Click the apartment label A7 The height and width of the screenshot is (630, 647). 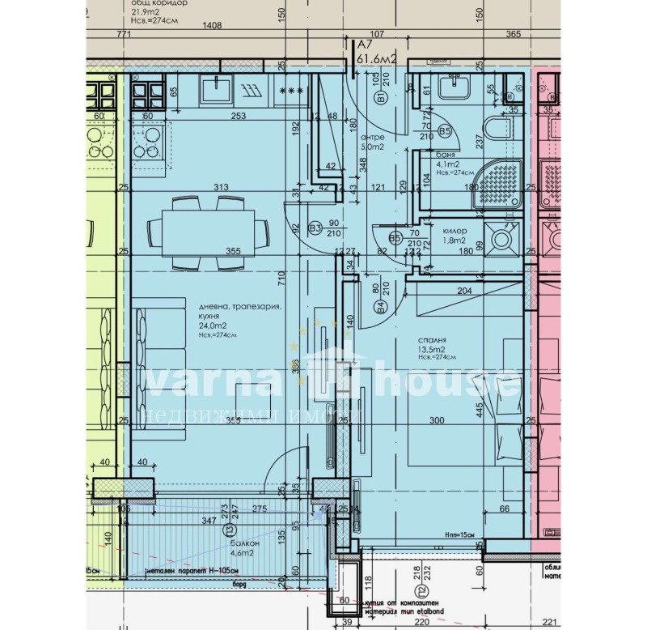tap(365, 45)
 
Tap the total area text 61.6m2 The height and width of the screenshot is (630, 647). tap(377, 58)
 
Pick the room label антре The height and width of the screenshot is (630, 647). tap(372, 138)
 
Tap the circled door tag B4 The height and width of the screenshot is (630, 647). tap(380, 306)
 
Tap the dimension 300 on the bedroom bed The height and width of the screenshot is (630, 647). tap(438, 421)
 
